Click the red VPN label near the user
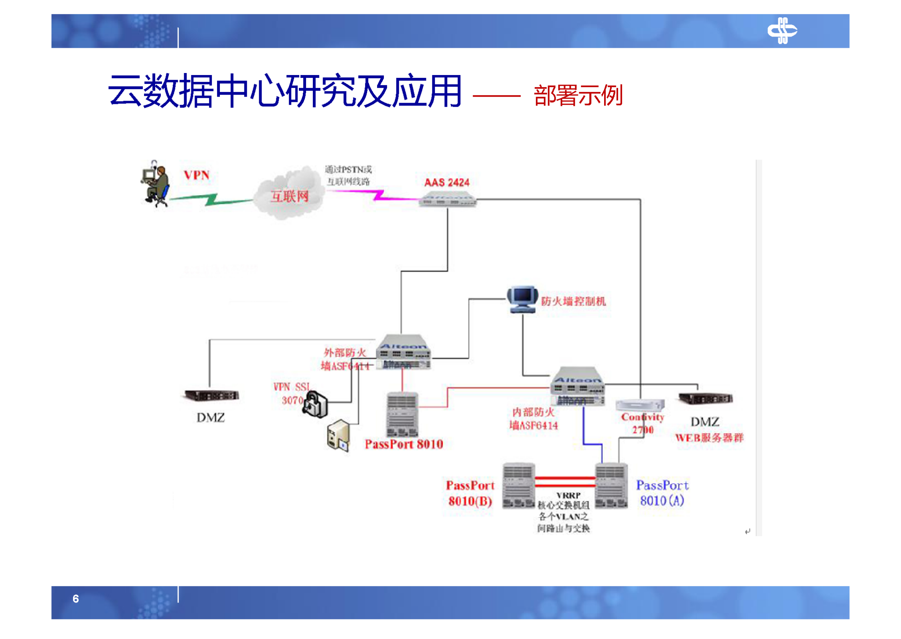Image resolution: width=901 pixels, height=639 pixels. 196,175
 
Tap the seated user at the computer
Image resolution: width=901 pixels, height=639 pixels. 156,184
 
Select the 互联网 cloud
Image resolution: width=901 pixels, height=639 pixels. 290,195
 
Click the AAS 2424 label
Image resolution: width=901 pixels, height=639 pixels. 446,183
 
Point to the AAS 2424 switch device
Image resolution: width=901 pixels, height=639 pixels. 447,199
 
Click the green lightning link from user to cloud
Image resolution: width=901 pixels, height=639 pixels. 212,199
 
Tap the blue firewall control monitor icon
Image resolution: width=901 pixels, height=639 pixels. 522,299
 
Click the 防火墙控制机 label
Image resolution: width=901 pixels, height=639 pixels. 573,301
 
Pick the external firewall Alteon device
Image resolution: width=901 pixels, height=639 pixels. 403,352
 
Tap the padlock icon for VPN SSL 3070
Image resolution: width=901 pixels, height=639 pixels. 315,404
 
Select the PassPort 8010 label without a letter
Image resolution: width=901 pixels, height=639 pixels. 404,444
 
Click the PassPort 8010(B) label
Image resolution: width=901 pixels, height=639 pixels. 470,493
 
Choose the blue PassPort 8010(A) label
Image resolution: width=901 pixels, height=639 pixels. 662,493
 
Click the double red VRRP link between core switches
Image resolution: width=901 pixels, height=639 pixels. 564,482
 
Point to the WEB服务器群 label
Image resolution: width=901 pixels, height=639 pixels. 709,438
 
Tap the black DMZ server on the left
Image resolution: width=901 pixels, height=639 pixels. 211,396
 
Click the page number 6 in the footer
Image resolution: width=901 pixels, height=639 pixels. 75,598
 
